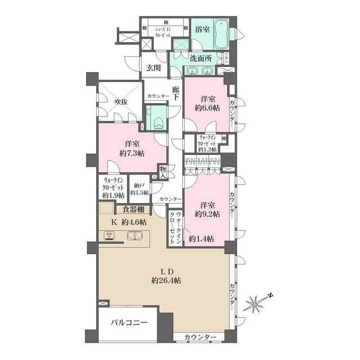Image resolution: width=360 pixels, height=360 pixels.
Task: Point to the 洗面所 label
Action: click(200, 57)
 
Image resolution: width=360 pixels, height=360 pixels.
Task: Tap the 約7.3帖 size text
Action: click(132, 153)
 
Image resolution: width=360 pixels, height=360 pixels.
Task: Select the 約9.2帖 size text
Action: click(208, 214)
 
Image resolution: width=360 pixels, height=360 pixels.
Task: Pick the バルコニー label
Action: click(129, 323)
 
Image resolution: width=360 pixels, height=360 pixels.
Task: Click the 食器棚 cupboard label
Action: click(134, 210)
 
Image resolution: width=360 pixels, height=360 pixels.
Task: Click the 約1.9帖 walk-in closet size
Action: click(113, 195)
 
